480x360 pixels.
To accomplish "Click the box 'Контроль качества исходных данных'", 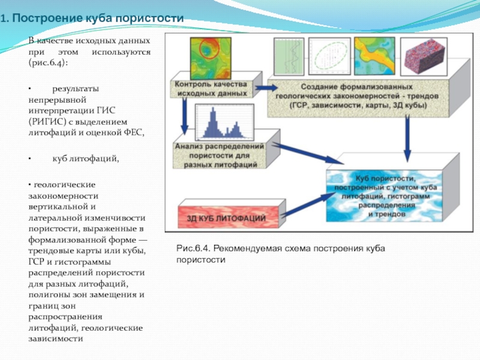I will click(211, 89).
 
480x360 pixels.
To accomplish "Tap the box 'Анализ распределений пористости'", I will click(219, 155).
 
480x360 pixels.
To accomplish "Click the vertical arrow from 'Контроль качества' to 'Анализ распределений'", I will click(185, 119).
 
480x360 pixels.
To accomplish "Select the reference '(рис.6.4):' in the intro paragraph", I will click(48, 62).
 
